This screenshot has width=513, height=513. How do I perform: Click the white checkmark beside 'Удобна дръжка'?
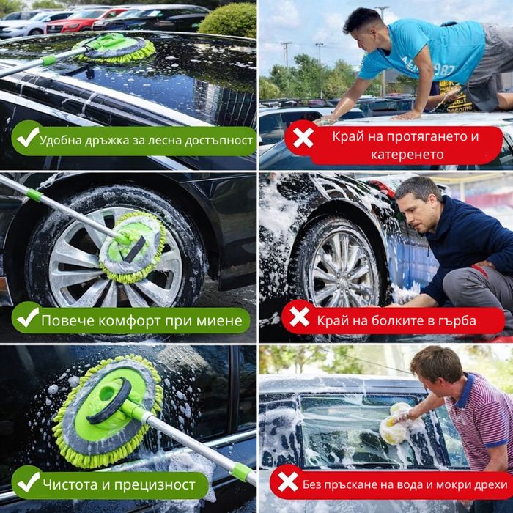tap(28, 137)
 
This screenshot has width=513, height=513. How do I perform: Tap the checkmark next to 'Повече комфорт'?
tap(28, 317)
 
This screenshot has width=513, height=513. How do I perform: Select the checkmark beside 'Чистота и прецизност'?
tap(29, 482)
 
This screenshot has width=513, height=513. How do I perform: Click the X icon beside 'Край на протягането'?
tap(303, 138)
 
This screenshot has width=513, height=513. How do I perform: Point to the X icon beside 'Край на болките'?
tap(299, 317)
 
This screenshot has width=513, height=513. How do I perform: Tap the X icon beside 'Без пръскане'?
tap(288, 481)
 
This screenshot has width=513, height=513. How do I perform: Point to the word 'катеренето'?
tap(407, 155)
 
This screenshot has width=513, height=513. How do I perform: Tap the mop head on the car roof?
tap(114, 48)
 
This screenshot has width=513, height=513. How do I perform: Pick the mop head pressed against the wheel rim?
tap(133, 247)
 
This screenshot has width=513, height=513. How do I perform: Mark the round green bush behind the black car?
tap(228, 21)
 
